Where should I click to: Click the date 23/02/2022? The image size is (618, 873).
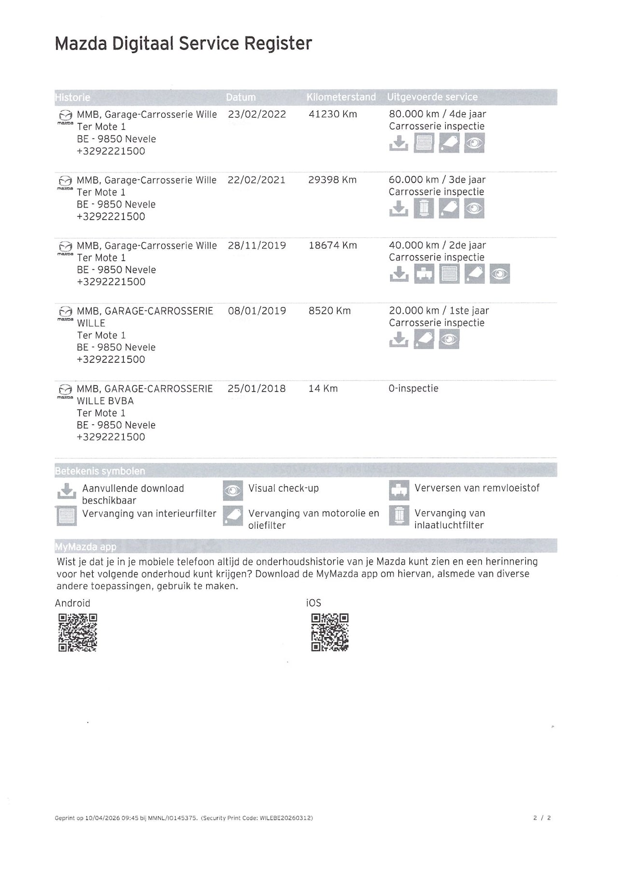(257, 114)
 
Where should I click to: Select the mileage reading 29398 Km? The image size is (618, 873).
(332, 180)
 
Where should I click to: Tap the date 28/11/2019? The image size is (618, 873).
(257, 246)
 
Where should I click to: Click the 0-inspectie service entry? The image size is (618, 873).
(413, 389)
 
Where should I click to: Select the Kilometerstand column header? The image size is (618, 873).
(341, 97)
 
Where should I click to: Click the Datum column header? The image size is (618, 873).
(240, 97)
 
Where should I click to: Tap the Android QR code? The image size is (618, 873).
(78, 632)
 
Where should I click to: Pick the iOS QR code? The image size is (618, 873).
(330, 632)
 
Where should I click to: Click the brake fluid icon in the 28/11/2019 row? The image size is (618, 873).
(424, 274)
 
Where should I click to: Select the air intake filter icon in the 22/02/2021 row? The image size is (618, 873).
(424, 208)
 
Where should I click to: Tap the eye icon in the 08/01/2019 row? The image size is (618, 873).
(449, 340)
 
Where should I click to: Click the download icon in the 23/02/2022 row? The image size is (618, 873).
(399, 143)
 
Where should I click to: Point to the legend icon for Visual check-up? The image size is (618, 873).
(233, 491)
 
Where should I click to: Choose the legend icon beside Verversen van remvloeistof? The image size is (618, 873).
(399, 491)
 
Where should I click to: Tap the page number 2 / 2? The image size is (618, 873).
(542, 818)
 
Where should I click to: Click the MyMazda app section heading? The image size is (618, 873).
(86, 546)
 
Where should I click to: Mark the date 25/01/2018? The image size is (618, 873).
(256, 389)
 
